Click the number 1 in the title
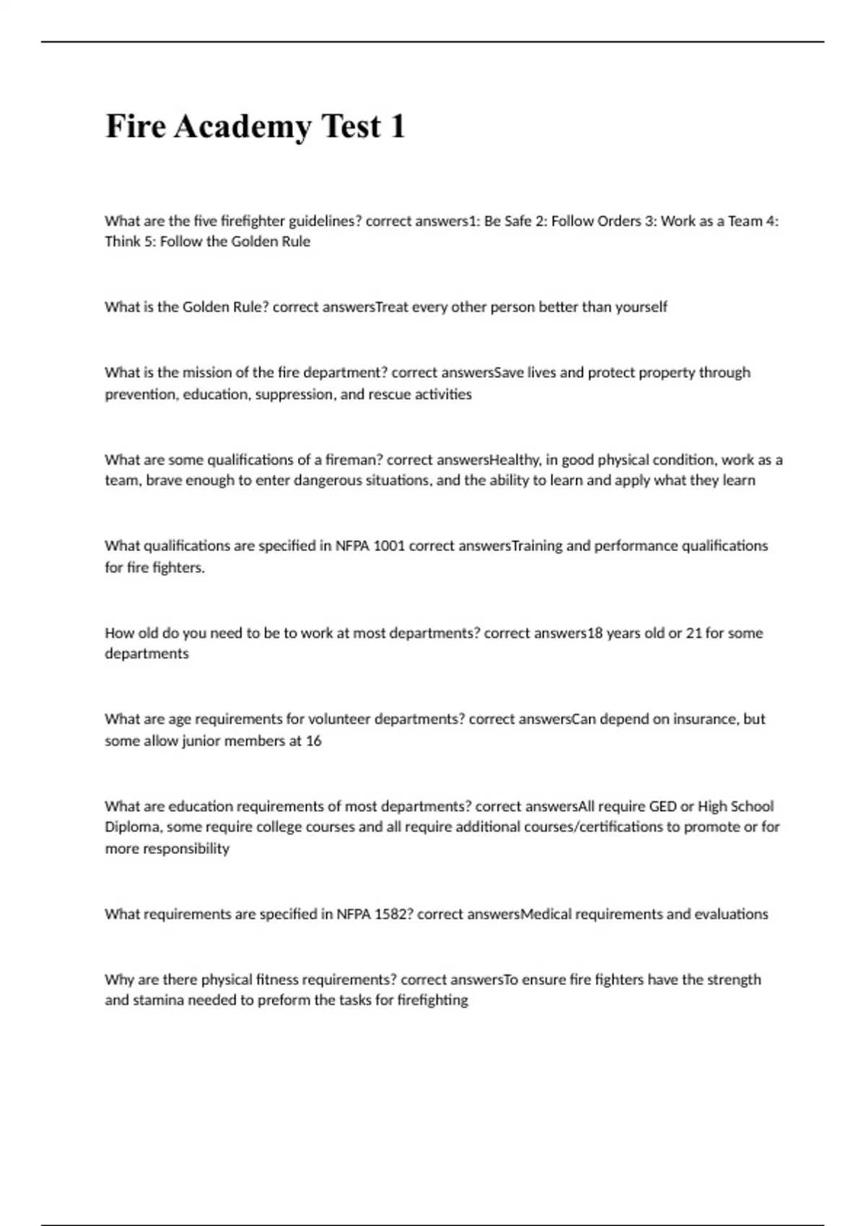pyautogui.click(x=397, y=127)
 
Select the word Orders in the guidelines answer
pyautogui.click(x=618, y=221)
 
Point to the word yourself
pyautogui.click(x=641, y=307)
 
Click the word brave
pyautogui.click(x=164, y=480)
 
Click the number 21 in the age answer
pyautogui.click(x=694, y=633)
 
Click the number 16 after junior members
pyautogui.click(x=313, y=741)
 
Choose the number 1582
pyautogui.click(x=393, y=914)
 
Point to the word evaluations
pyautogui.click(x=730, y=914)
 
